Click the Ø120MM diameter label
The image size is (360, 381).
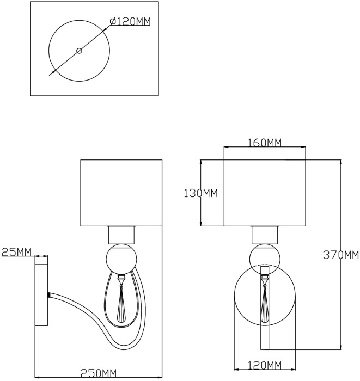pyautogui.click(x=130, y=21)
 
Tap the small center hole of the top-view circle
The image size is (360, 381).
pyautogui.click(x=80, y=51)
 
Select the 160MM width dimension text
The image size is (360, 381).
pyautogui.click(x=265, y=143)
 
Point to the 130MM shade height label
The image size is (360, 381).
pyautogui.click(x=200, y=193)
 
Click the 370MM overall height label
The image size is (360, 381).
pyautogui.click(x=341, y=255)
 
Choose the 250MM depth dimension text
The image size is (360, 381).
pyautogui.click(x=99, y=372)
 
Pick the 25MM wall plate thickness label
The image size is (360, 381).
pyautogui.click(x=17, y=252)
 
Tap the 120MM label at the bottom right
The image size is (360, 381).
pyautogui.click(x=265, y=365)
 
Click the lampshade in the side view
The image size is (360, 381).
pyautogui.click(x=121, y=193)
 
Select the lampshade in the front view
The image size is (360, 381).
pyautogui.click(x=265, y=193)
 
